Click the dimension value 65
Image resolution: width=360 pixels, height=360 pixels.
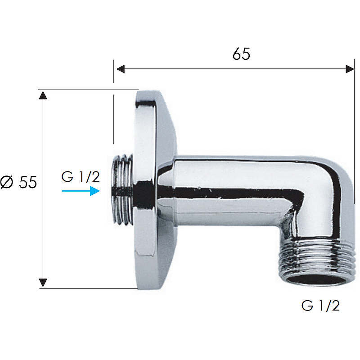(241, 54)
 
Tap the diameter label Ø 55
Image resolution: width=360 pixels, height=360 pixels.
(18, 182)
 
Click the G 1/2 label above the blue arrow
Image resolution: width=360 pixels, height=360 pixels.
(81, 177)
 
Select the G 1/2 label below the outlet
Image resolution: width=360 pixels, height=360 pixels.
(320, 306)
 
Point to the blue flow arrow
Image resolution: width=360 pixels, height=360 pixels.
(81, 191)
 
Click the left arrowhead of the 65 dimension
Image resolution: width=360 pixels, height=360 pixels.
(120, 69)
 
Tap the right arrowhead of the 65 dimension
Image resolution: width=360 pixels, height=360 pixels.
(350, 69)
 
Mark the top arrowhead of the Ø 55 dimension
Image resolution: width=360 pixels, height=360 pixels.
(43, 95)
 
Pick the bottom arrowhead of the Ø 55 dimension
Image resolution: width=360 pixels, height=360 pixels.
(43, 283)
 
